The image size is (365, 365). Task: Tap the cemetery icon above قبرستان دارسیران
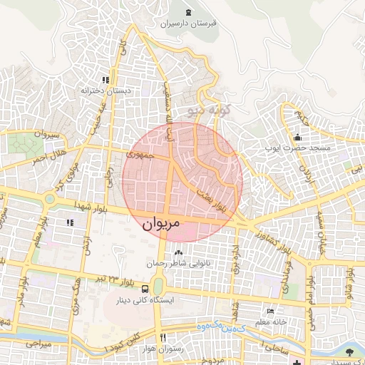[x=188, y=12]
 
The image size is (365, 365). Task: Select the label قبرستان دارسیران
[x=188, y=24]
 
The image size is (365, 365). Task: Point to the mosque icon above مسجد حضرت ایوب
[x=297, y=138]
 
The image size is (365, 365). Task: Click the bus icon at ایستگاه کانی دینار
[x=145, y=289]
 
